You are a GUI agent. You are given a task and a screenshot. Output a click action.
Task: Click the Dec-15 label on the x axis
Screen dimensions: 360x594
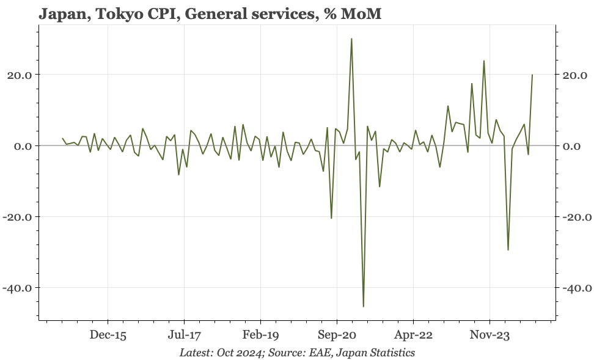[108, 335]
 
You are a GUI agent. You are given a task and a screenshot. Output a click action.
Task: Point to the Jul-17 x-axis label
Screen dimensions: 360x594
[184, 335]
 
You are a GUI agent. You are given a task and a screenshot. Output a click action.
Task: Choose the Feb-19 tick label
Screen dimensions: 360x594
[260, 335]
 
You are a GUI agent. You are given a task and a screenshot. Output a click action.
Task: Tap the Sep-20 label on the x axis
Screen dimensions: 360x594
[337, 335]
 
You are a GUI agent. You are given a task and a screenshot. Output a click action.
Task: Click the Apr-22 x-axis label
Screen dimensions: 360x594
[413, 335]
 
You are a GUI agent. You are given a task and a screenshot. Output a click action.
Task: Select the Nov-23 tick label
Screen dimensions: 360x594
[490, 335]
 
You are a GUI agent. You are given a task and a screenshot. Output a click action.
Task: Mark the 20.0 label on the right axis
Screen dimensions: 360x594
[574, 75]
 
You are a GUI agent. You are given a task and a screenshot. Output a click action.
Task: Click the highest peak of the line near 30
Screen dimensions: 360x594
[351, 39]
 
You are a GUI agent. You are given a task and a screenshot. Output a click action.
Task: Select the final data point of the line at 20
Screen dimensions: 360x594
[532, 75]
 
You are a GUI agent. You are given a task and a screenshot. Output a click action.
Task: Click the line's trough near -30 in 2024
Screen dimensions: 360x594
[508, 250]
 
